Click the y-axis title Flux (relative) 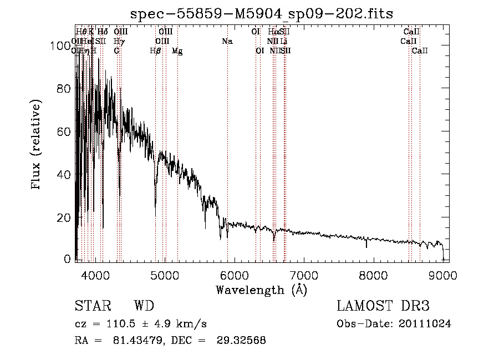point(37,145)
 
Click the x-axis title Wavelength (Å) point(261,290)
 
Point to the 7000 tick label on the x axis point(304,276)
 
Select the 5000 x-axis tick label point(165,276)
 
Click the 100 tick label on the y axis point(62,46)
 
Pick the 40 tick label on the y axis point(65,175)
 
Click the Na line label point(227,42)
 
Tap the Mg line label point(177,51)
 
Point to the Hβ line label point(156,51)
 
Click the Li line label point(283,42)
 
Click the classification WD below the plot point(144,306)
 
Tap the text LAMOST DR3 point(383,306)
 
